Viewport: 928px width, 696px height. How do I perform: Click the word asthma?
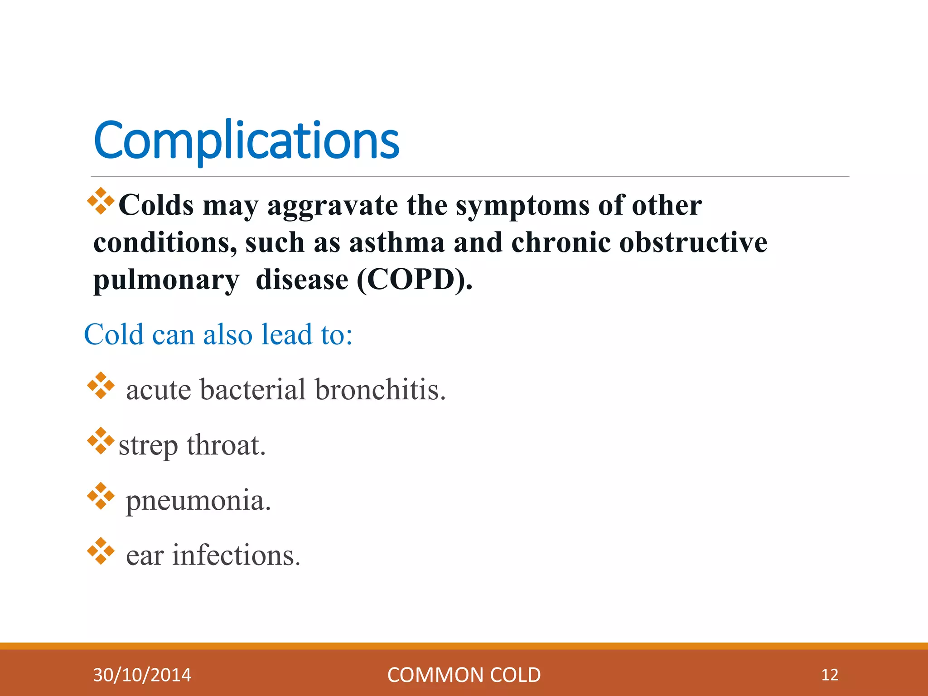click(x=396, y=242)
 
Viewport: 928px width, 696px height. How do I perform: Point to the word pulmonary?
click(x=166, y=280)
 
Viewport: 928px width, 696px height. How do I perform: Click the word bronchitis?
click(x=380, y=390)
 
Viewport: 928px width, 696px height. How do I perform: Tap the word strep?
click(x=148, y=446)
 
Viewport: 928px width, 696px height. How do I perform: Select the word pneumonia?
click(x=198, y=501)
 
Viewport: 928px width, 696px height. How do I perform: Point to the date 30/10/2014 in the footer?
click(x=142, y=675)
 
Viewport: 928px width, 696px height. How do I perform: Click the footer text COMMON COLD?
click(x=464, y=675)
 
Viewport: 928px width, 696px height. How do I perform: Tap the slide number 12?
click(x=830, y=675)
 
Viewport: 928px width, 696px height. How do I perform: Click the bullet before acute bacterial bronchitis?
click(x=101, y=386)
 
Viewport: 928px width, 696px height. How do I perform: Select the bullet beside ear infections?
click(x=101, y=551)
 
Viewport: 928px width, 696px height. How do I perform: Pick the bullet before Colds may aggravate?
click(x=101, y=201)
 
